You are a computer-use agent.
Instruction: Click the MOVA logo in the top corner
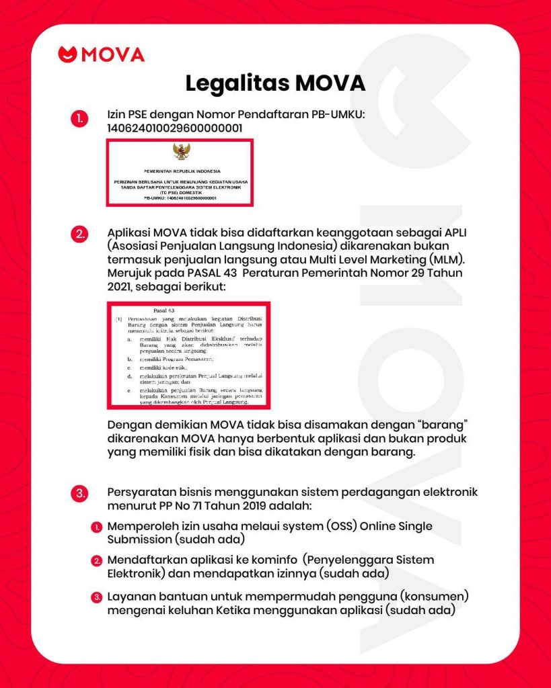102,54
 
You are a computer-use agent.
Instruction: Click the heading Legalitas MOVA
275,85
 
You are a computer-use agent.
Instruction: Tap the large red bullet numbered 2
79,234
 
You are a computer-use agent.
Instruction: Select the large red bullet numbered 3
79,494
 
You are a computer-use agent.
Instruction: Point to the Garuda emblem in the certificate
182,153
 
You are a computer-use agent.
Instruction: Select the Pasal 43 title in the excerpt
164,310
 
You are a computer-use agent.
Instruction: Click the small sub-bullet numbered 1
98,527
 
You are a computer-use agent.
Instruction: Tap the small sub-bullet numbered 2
98,560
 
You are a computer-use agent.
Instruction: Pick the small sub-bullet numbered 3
98,597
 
